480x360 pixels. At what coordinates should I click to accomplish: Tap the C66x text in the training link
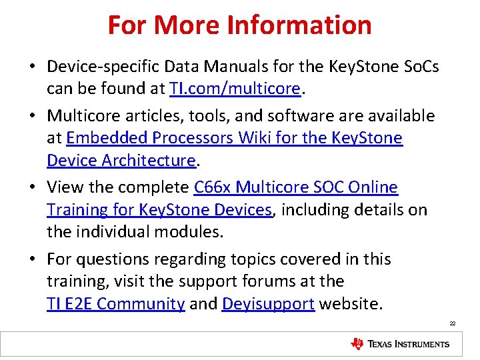[x=212, y=187]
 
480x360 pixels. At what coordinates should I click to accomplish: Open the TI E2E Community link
[x=115, y=304]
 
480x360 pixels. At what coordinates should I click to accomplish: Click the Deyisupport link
[x=268, y=304]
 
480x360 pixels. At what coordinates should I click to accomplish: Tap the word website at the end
[x=351, y=304]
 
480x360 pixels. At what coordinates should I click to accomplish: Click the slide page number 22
[x=453, y=323]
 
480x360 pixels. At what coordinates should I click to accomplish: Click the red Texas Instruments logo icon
[x=357, y=344]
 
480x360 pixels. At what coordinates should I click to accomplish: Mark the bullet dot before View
[x=32, y=188]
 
